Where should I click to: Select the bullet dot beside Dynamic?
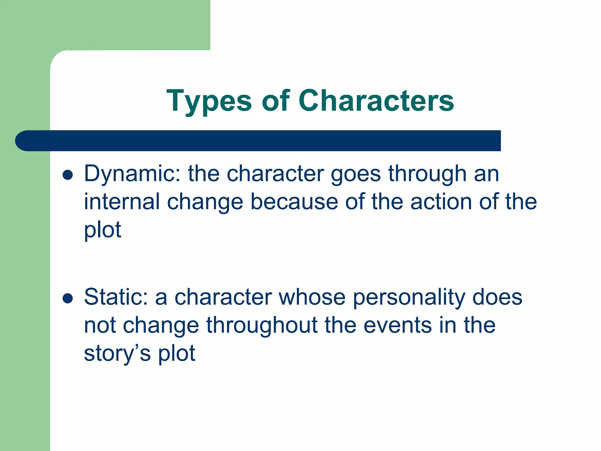67,175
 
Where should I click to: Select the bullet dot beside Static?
67,298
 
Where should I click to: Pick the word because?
294,202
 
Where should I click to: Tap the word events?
398,325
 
